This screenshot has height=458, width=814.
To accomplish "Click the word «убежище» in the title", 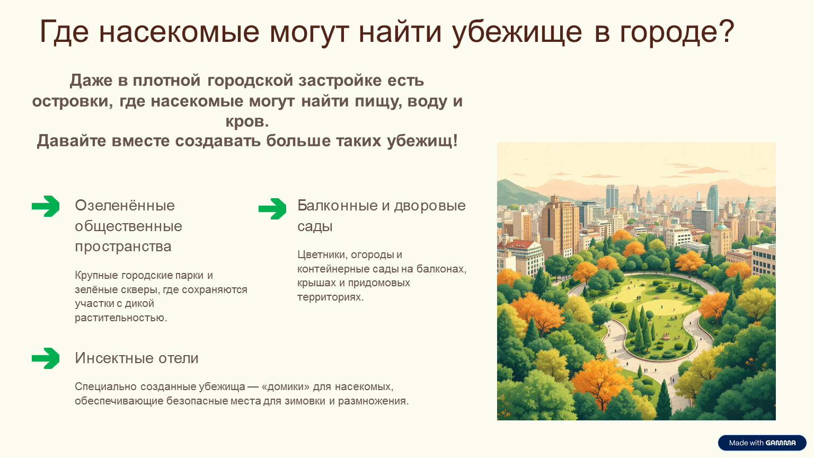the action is click(x=517, y=32).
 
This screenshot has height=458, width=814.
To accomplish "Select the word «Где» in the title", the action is click(x=64, y=32).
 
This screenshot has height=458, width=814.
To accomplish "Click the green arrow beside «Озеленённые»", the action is click(x=46, y=206).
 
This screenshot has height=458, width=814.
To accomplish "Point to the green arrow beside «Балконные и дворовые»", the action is click(x=272, y=209).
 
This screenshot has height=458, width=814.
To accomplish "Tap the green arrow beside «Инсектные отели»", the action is click(x=46, y=358).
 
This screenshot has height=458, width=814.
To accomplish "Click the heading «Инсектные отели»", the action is click(x=137, y=358).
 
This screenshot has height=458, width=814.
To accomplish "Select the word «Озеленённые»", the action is click(x=125, y=205).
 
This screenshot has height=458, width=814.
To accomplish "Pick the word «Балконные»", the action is click(x=338, y=205).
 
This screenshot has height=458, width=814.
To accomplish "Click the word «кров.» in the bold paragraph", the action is click(x=247, y=121).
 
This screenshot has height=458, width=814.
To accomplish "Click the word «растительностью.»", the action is click(x=121, y=318).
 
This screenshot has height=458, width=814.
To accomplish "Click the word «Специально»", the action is click(x=106, y=386).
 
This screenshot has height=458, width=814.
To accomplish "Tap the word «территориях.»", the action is click(x=330, y=297).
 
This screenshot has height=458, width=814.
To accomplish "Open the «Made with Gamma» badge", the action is click(x=762, y=443).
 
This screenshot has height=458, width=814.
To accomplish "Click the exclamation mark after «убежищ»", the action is click(x=455, y=140).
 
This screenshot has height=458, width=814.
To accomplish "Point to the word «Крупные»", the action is click(x=96, y=276).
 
